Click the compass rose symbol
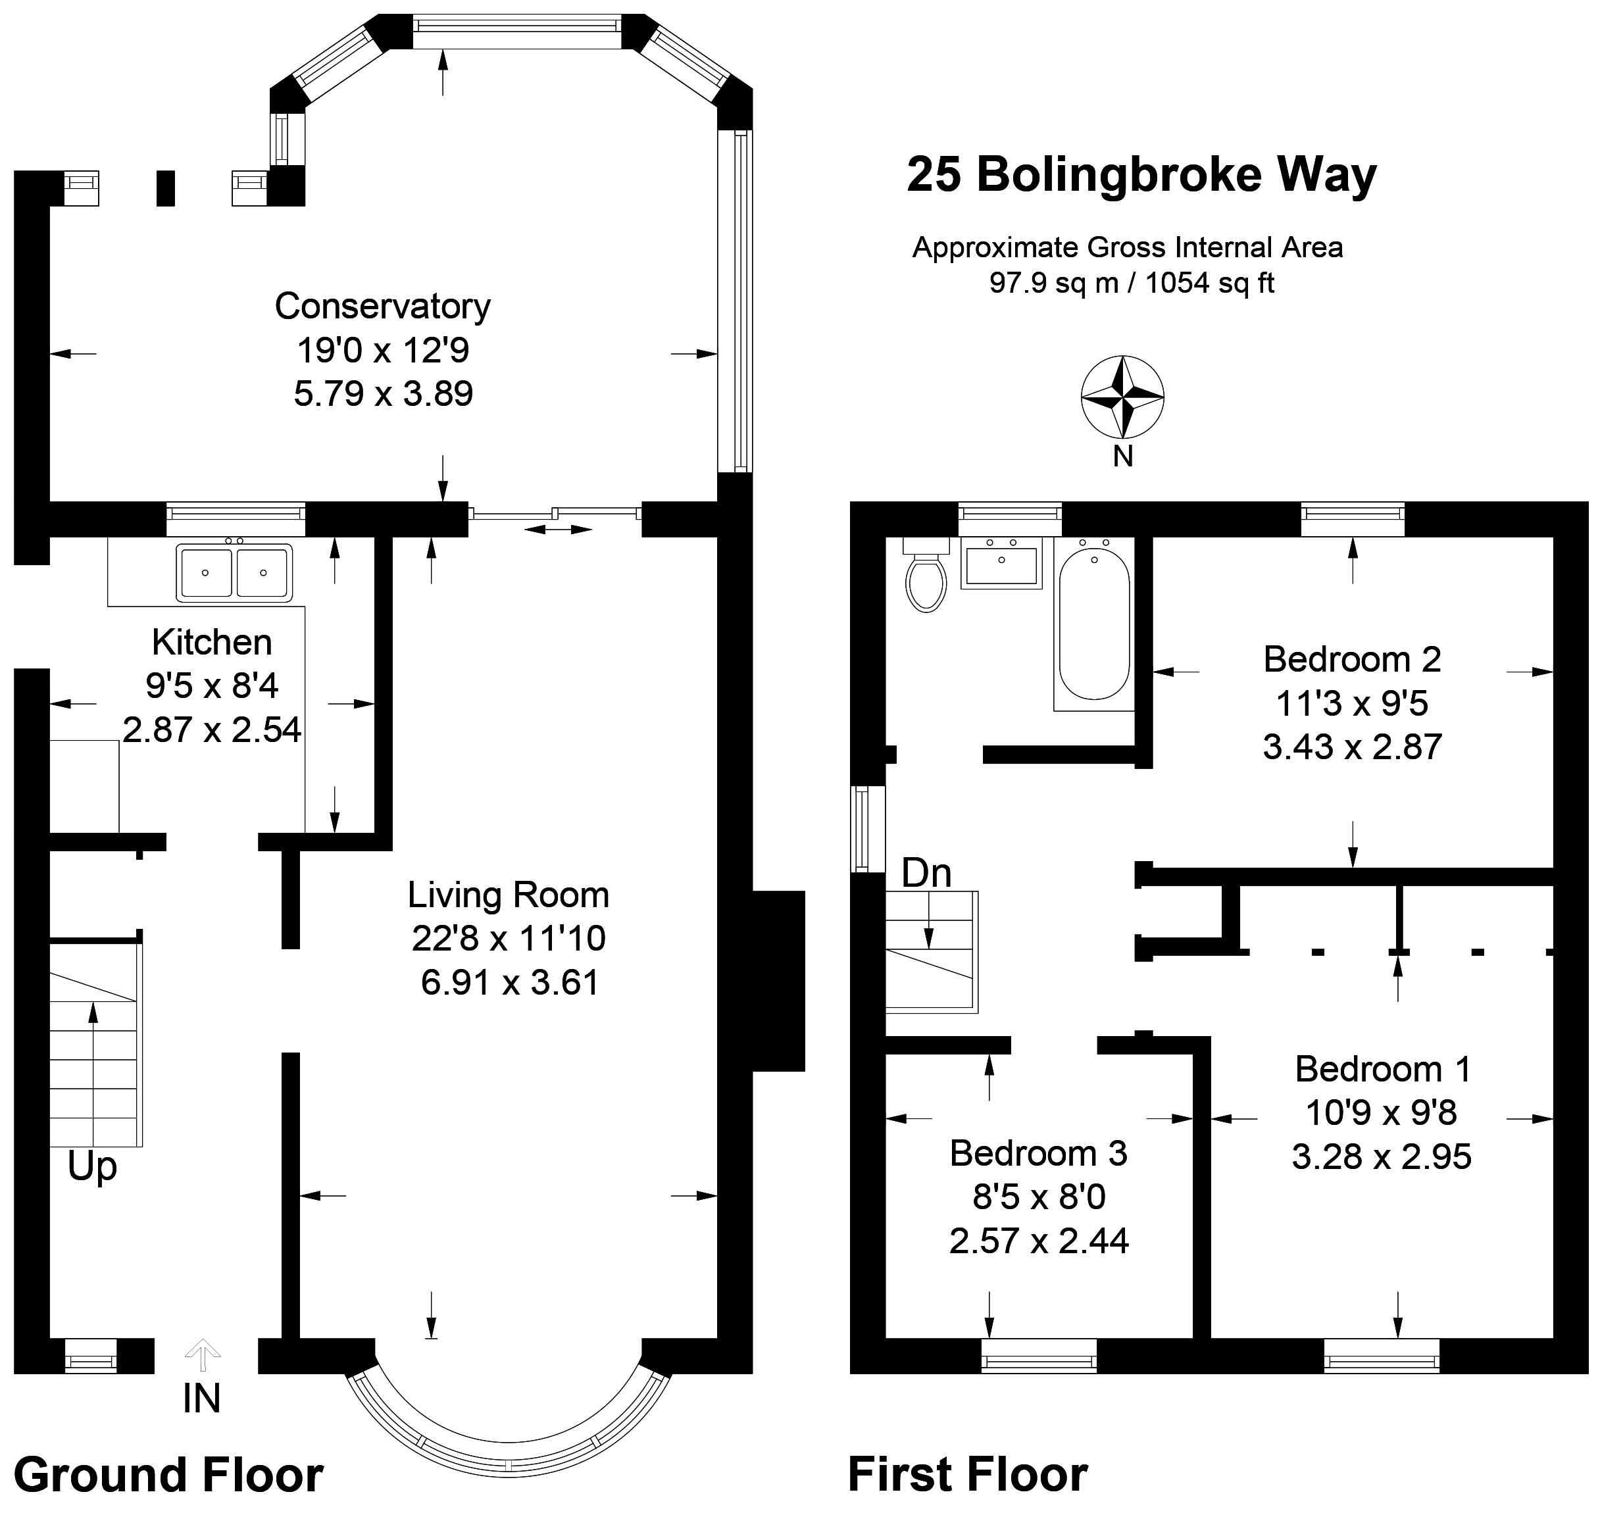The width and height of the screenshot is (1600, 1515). coord(1122,397)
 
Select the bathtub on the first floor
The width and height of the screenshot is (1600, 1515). coord(1093,624)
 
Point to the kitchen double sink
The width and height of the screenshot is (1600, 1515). coord(234,572)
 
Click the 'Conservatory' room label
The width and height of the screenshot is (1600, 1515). coord(383,306)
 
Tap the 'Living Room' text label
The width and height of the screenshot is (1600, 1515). coord(508,895)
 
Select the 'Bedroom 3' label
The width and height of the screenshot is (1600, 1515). coord(1038,1153)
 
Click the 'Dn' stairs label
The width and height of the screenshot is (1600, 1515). coord(926,874)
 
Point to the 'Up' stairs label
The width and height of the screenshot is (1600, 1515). coord(92,1166)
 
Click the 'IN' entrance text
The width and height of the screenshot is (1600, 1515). coord(201,1399)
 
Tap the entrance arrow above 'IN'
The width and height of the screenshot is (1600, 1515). coord(202,1354)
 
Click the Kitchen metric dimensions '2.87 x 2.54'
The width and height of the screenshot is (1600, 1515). coord(212,730)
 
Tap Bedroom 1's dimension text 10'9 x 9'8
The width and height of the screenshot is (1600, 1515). coord(1381,1113)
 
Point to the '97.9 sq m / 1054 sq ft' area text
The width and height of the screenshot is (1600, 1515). coord(1132,283)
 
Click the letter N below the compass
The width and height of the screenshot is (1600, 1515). coord(1122,457)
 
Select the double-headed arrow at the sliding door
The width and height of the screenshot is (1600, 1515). coord(558,529)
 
